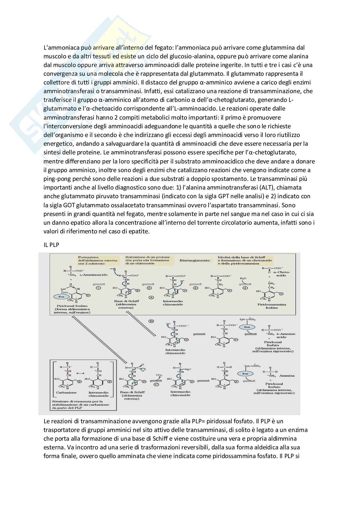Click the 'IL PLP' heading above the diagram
pyautogui.click(x=51, y=245)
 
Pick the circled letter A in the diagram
pyautogui.click(x=151, y=297)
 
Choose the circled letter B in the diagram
pyautogui.click(x=151, y=321)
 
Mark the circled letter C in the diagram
pyautogui.click(x=156, y=385)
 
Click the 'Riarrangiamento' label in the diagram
pyautogui.click(x=195, y=260)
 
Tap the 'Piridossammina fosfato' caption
pyautogui.click(x=272, y=306)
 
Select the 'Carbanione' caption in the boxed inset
pyautogui.click(x=66, y=393)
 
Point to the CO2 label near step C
pyautogui.click(x=159, y=375)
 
